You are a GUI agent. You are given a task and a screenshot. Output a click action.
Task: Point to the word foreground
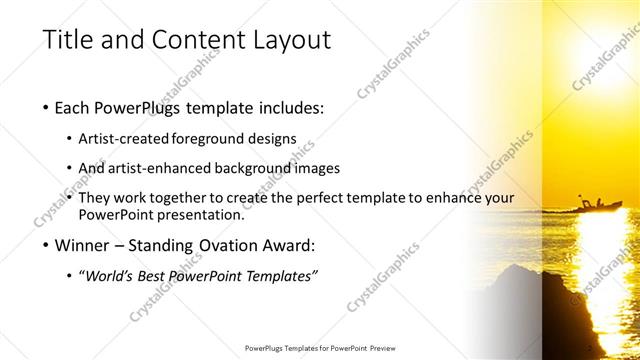(210, 138)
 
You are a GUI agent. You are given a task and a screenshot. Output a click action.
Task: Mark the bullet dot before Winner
(46, 245)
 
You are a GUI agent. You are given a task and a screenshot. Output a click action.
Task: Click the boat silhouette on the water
(599, 205)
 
